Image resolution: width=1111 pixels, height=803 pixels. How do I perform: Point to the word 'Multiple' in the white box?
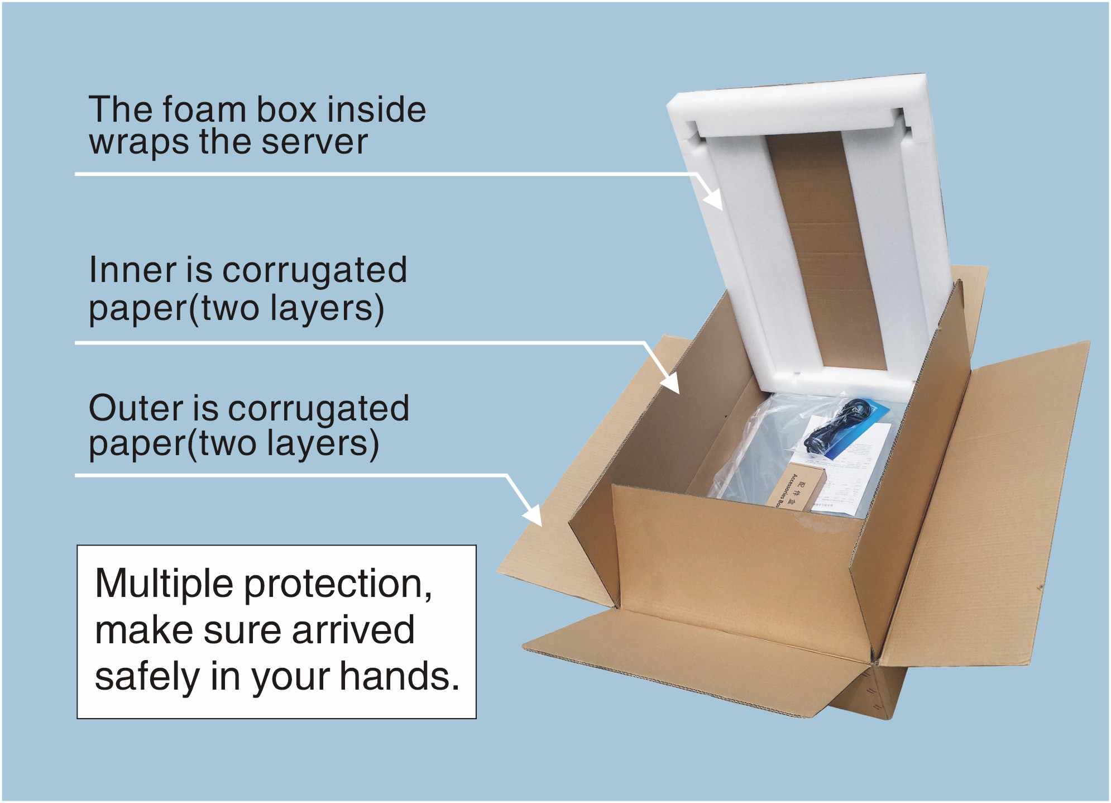point(164,584)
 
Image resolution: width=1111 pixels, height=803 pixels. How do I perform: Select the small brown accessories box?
point(788,486)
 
